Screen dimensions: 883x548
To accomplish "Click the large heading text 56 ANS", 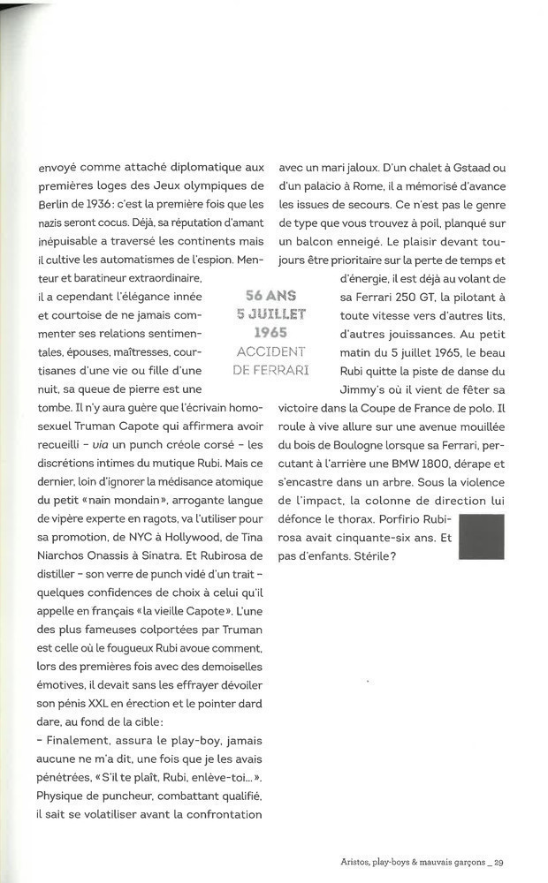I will (x=271, y=296).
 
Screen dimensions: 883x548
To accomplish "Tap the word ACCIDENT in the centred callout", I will (x=271, y=351).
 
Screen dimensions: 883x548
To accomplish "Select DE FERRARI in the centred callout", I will (x=271, y=370).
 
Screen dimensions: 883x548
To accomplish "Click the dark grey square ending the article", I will (x=482, y=536).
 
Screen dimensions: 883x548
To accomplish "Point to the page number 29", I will (x=499, y=864).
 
